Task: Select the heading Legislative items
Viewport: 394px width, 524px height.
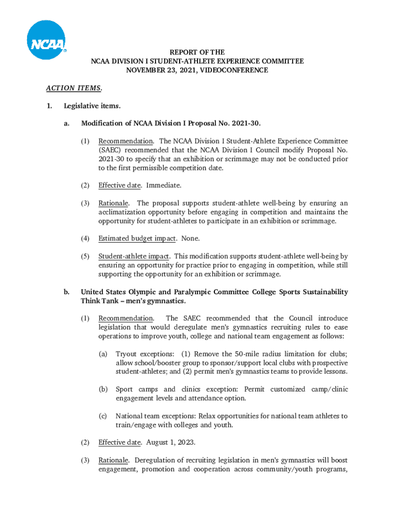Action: [92, 106]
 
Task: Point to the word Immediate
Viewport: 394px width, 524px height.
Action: [164, 185]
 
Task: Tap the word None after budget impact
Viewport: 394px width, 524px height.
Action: [190, 238]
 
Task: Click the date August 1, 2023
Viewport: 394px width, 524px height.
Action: [171, 442]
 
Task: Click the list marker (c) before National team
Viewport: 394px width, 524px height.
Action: [103, 416]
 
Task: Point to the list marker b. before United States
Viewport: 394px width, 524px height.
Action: [67, 292]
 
